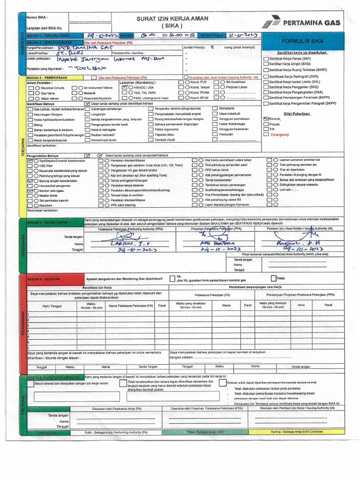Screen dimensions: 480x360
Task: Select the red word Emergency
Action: click(280, 134)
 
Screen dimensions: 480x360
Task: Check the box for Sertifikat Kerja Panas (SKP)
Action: click(266, 59)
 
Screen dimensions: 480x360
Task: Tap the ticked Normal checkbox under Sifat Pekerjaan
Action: click(266, 119)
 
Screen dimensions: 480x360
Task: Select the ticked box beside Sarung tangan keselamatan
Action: click(30, 180)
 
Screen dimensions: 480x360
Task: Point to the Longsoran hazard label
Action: click(98, 114)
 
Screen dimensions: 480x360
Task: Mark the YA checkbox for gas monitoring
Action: click(172, 278)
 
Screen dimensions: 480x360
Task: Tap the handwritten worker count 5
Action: click(212, 47)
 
